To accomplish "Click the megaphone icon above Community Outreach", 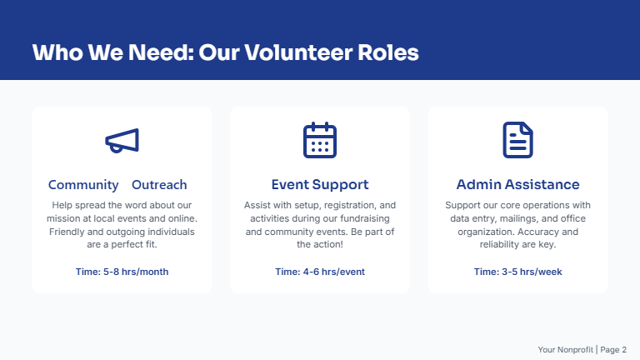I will (122, 141).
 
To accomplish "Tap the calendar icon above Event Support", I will (319, 140).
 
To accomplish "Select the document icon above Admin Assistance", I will (517, 140).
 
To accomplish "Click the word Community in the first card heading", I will (83, 185).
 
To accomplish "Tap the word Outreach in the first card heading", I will (159, 185).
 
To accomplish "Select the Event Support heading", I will (319, 185).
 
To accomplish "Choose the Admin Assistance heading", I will (517, 185).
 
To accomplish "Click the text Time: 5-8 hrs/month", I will (122, 272).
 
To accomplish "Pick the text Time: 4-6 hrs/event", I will (319, 272).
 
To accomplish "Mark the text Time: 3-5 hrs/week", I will (517, 272).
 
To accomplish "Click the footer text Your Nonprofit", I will (565, 350).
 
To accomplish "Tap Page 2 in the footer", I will (613, 350).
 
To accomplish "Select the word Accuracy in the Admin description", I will (547, 232).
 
